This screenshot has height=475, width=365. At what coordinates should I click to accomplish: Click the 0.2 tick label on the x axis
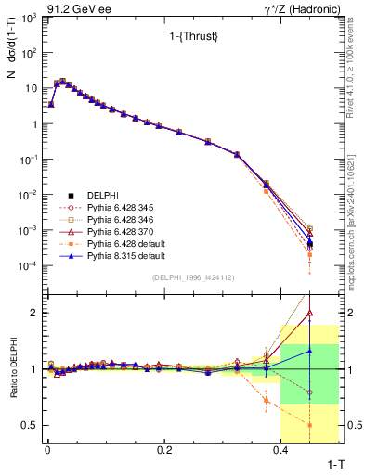click(164, 449)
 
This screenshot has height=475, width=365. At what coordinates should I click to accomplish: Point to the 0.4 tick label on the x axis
click(280, 449)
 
